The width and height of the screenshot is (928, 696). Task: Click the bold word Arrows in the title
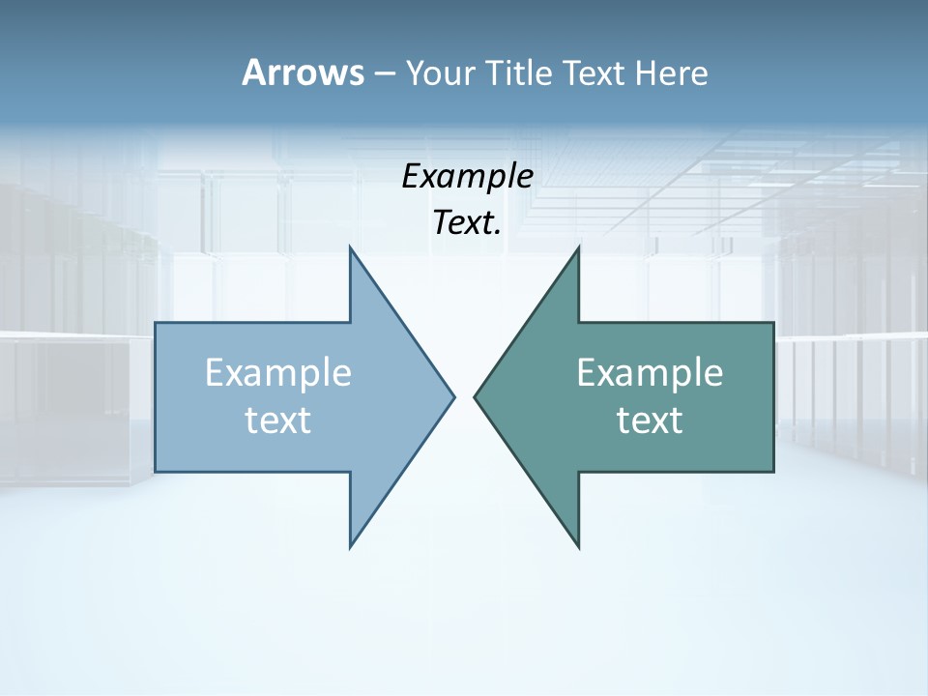[x=302, y=72]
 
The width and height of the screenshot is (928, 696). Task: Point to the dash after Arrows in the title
[x=384, y=74]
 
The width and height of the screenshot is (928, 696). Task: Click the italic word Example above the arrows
[x=468, y=177]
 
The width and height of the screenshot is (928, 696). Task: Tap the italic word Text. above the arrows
[x=468, y=223]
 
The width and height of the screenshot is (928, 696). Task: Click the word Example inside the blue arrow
[x=278, y=373]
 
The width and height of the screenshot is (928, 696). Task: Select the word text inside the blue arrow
[x=278, y=420]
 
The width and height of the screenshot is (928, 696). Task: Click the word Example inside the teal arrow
[x=650, y=373]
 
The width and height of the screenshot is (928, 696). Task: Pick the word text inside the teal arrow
[x=650, y=420]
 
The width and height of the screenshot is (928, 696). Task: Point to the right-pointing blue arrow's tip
[x=453, y=395]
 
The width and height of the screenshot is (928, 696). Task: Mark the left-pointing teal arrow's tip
[x=475, y=395]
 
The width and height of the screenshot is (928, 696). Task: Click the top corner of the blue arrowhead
[x=351, y=247]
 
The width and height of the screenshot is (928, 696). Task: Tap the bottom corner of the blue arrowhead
[x=351, y=547]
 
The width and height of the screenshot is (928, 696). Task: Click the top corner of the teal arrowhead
[x=578, y=247]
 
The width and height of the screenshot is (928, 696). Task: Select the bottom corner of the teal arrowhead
[x=578, y=547]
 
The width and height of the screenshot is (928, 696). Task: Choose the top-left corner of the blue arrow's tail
[x=157, y=324]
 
